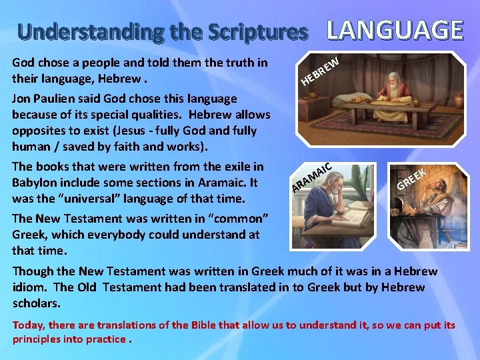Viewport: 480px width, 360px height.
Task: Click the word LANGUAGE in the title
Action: click(x=395, y=30)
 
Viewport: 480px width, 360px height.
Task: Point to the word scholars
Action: click(x=36, y=303)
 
